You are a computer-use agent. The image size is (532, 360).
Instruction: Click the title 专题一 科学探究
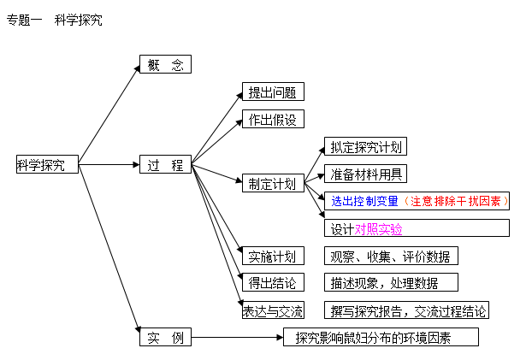pos(54,20)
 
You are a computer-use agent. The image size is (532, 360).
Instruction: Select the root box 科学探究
pos(47,164)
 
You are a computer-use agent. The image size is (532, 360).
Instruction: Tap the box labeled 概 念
pos(165,64)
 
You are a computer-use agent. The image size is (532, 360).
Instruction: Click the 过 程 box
pos(165,164)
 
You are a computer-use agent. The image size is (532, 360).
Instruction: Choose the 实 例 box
pos(165,337)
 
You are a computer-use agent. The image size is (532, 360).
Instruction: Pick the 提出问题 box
pos(273,91)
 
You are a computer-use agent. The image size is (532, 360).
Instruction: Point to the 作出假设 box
pos(273,119)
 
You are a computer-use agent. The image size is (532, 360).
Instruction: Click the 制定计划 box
pos(273,183)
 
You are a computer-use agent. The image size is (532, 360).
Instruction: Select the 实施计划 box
pos(273,256)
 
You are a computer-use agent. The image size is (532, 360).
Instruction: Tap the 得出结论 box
pos(273,282)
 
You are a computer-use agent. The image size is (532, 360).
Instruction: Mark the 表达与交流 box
pos(273,310)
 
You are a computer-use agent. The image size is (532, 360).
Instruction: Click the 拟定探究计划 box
pos(365,146)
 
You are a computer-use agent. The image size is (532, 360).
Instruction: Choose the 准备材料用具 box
pos(365,174)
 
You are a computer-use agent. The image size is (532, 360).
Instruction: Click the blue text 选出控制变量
pos(364,201)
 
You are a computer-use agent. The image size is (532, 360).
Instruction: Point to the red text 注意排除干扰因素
pos(456,201)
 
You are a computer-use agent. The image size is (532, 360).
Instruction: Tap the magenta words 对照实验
pos(378,229)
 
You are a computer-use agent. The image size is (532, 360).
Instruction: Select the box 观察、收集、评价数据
pos(391,256)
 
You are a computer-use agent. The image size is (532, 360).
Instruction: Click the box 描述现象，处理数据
pos(391,282)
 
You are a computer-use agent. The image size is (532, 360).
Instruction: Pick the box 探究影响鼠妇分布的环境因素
pos(381,337)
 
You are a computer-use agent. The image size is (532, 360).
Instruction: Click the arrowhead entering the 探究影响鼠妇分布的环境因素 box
pos(280,337)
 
